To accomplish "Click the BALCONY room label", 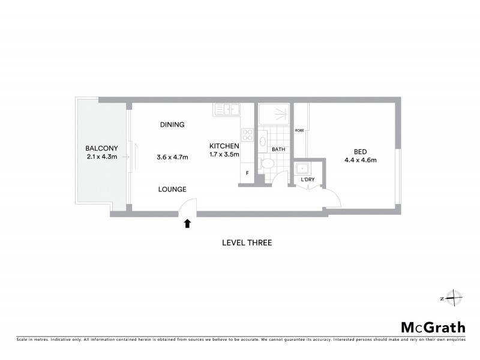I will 101,148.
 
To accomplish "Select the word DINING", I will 172,125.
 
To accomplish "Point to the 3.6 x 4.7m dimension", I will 172,158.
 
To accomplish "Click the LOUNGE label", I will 172,190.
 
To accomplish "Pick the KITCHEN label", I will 224,146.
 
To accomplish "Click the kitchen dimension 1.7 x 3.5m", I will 224,155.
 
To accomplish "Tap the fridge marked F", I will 247,174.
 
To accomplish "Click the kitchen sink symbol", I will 227,110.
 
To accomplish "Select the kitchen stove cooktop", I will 247,134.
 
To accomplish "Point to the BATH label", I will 278,149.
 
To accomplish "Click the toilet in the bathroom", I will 267,163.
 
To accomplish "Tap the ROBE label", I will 300,130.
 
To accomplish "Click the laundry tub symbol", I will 303,168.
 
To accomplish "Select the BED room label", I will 360,151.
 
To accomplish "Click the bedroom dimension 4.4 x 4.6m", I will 360,160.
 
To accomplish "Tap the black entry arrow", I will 187,224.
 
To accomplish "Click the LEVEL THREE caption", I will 247,243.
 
